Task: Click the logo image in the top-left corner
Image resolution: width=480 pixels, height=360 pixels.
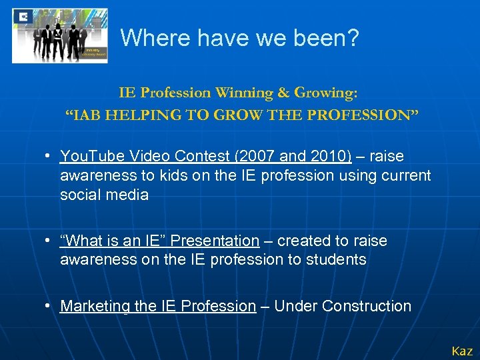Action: pyautogui.click(x=59, y=35)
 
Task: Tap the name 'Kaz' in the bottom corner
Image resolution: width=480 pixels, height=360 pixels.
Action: pyautogui.click(x=462, y=351)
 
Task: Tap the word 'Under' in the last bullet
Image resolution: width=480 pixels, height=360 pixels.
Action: pyautogui.click(x=295, y=306)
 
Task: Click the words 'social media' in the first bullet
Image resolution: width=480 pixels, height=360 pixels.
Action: pyautogui.click(x=104, y=195)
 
